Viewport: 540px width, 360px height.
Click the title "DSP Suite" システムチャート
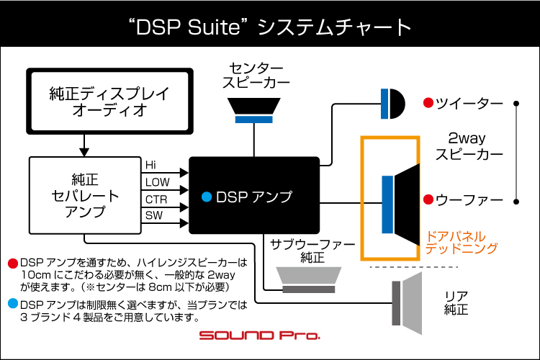[270, 27]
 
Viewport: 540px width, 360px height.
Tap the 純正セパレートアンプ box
[84, 194]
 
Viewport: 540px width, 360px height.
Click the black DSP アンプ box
[254, 195]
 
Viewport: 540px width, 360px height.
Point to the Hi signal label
[150, 165]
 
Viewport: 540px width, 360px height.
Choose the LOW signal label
[157, 182]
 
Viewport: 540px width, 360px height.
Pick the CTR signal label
[156, 199]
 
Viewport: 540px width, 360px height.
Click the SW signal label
[154, 216]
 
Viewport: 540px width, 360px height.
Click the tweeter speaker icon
[392, 103]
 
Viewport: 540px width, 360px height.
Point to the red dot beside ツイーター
[428, 103]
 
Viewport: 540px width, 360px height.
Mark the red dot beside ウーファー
[428, 199]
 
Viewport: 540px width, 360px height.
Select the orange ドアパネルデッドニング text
[462, 242]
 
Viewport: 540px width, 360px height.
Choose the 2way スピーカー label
[476, 145]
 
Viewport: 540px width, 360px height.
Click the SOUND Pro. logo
[260, 336]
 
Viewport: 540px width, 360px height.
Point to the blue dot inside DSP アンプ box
[207, 196]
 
